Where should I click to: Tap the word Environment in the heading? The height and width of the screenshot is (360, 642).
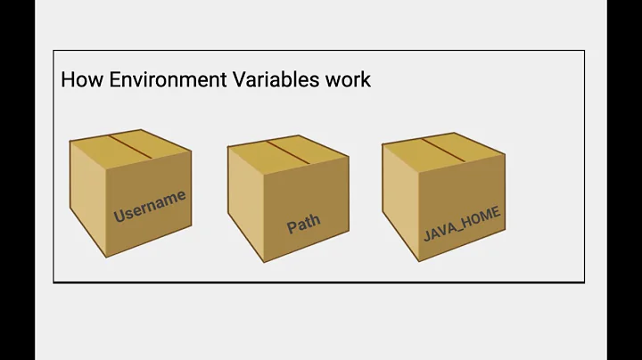(152, 79)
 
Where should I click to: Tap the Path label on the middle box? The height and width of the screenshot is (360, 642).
(303, 223)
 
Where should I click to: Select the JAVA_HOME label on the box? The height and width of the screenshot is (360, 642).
(461, 224)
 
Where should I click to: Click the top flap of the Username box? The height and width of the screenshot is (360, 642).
(132, 149)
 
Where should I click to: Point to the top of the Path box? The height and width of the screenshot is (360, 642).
(288, 152)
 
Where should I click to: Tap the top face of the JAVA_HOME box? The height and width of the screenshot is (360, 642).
(443, 150)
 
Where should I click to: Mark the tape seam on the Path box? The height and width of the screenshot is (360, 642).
(288, 151)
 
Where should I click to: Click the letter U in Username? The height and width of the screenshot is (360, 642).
(119, 216)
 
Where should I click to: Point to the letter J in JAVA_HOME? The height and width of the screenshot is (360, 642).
(427, 236)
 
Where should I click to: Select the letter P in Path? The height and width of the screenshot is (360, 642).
(292, 227)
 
